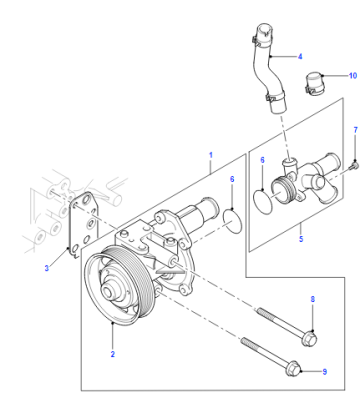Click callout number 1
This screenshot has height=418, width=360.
[211, 155]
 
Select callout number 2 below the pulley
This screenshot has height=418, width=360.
[113, 354]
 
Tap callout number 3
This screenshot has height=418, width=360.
[47, 268]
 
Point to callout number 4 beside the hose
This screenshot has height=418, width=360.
[300, 57]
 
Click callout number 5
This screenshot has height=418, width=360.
[301, 239]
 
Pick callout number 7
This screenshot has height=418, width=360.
[355, 130]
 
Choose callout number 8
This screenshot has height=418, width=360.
[313, 299]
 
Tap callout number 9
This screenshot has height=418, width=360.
[325, 371]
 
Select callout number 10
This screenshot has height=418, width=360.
[353, 76]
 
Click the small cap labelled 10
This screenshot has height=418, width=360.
[313, 84]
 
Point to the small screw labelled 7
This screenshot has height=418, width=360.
[354, 166]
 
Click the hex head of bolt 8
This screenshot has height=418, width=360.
[309, 339]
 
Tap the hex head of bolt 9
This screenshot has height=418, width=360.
[293, 370]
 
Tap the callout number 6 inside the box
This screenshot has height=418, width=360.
[262, 160]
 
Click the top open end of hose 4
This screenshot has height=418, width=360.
[265, 28]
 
